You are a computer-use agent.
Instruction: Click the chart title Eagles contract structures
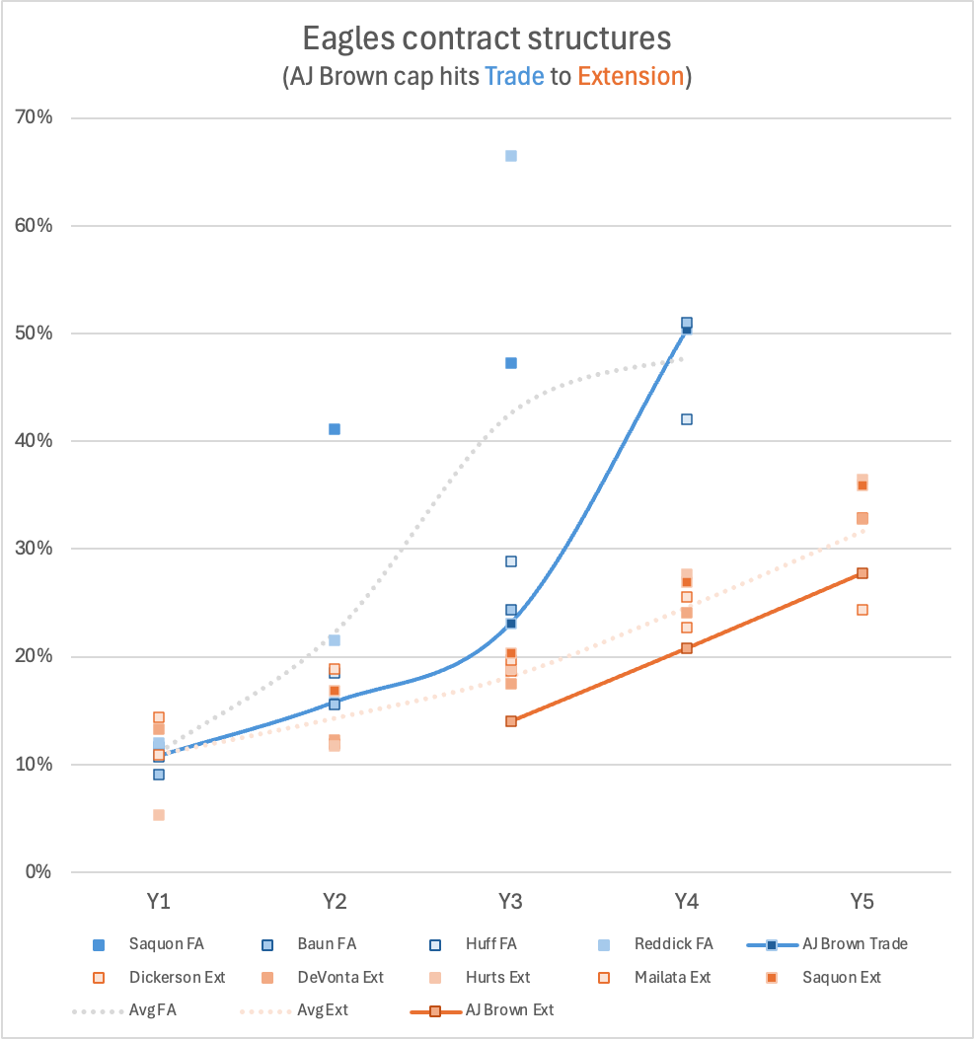(487, 38)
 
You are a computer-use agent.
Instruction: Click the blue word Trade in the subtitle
(514, 76)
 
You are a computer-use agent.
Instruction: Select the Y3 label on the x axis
(510, 901)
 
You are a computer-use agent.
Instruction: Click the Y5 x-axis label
(862, 901)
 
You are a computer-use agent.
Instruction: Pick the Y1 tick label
(159, 901)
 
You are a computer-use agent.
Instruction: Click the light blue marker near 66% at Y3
(511, 156)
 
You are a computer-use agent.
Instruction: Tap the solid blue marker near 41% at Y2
(335, 429)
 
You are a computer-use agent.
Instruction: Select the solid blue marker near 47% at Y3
(511, 363)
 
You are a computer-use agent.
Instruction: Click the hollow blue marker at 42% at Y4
(687, 419)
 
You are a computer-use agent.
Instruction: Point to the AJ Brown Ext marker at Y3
(511, 721)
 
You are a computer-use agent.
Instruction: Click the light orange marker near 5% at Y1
(159, 815)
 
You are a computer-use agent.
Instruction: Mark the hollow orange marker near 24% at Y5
(862, 610)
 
